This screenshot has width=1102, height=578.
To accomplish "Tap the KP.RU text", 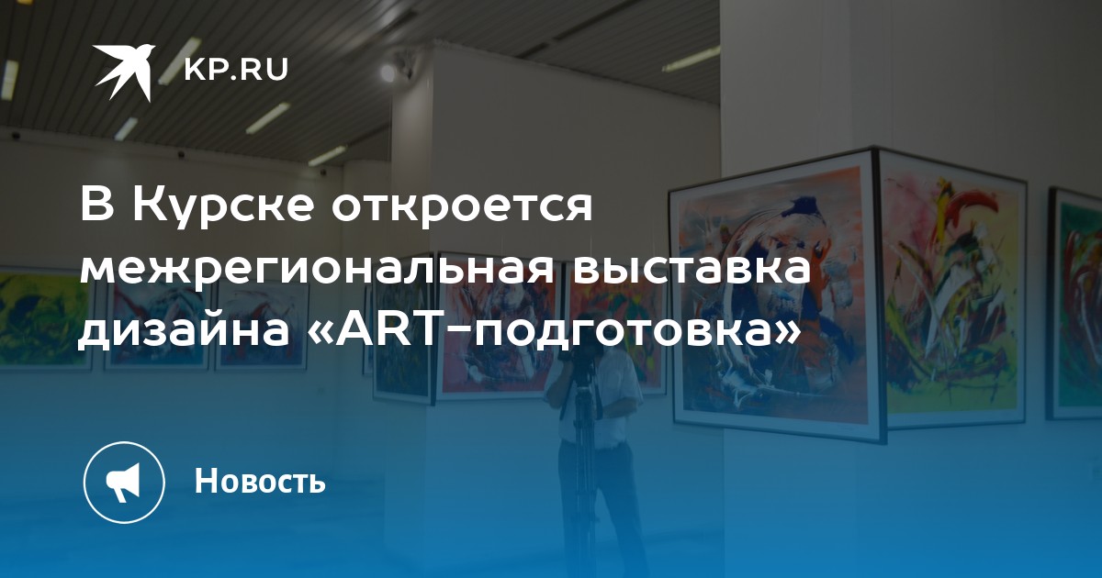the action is pos(236,70).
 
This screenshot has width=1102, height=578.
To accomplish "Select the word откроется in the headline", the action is pos(462,206).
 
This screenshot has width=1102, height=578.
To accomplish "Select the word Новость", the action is pos(260,481).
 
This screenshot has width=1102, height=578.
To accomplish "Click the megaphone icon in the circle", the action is pos(123,483).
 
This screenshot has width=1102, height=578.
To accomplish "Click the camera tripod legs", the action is pos(584,472).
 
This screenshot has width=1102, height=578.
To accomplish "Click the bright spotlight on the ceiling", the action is pos(388,72).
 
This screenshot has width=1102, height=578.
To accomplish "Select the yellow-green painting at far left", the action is pos(44,318).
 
